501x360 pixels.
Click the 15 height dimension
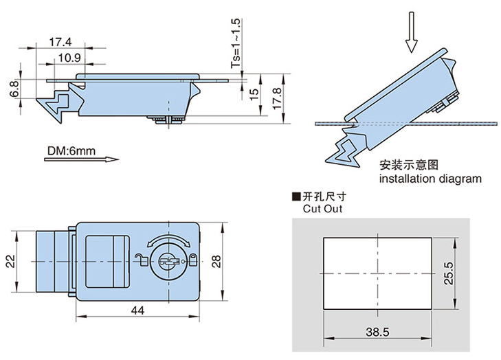(254, 94)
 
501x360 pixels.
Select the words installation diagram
(430, 179)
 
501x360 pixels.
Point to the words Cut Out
(322, 209)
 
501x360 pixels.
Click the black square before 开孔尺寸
(296, 196)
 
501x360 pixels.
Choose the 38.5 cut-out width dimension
(377, 332)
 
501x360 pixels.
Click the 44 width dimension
(137, 311)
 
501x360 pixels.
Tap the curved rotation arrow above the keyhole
(167, 238)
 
